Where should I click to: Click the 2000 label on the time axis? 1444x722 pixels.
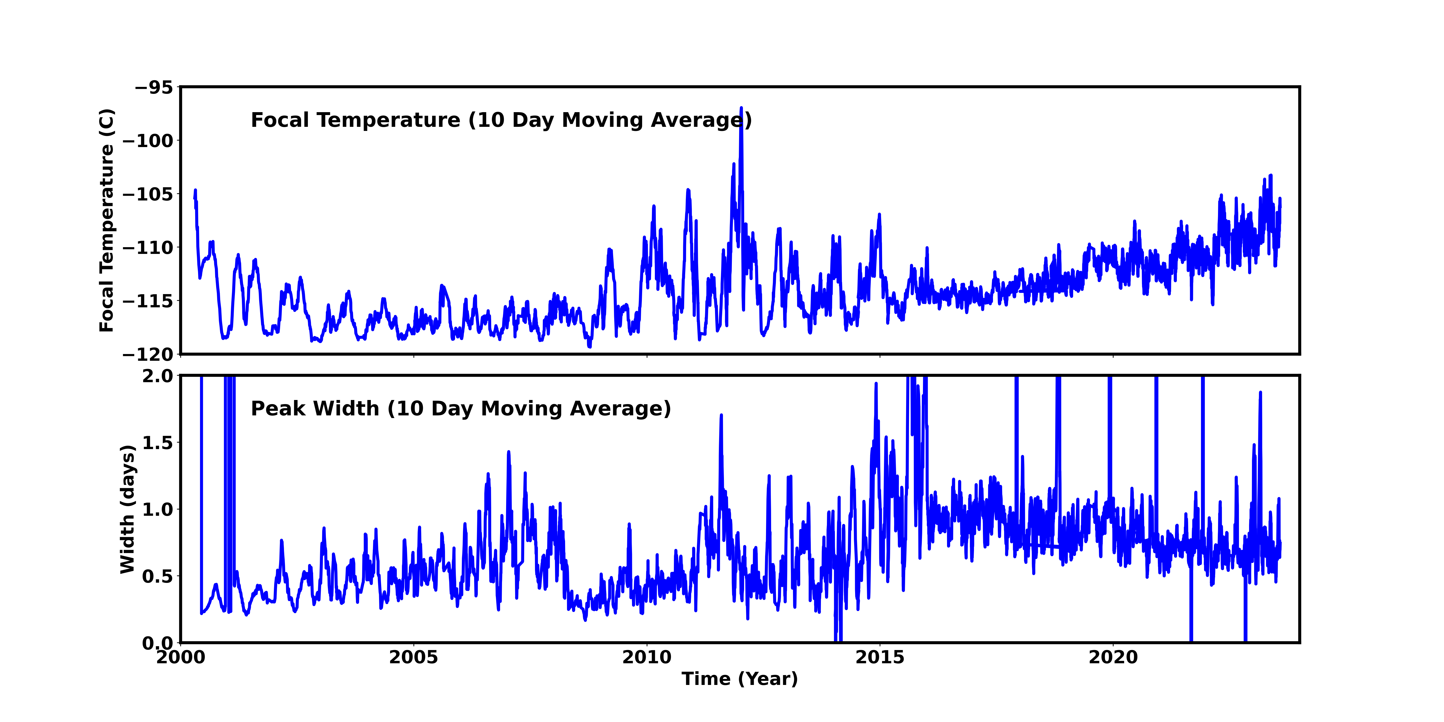click(180, 657)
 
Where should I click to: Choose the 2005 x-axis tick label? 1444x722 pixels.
click(414, 657)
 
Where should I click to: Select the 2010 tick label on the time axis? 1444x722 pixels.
click(647, 657)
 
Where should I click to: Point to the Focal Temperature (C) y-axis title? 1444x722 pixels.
click(107, 220)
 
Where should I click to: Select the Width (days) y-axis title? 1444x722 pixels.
click(128, 509)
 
